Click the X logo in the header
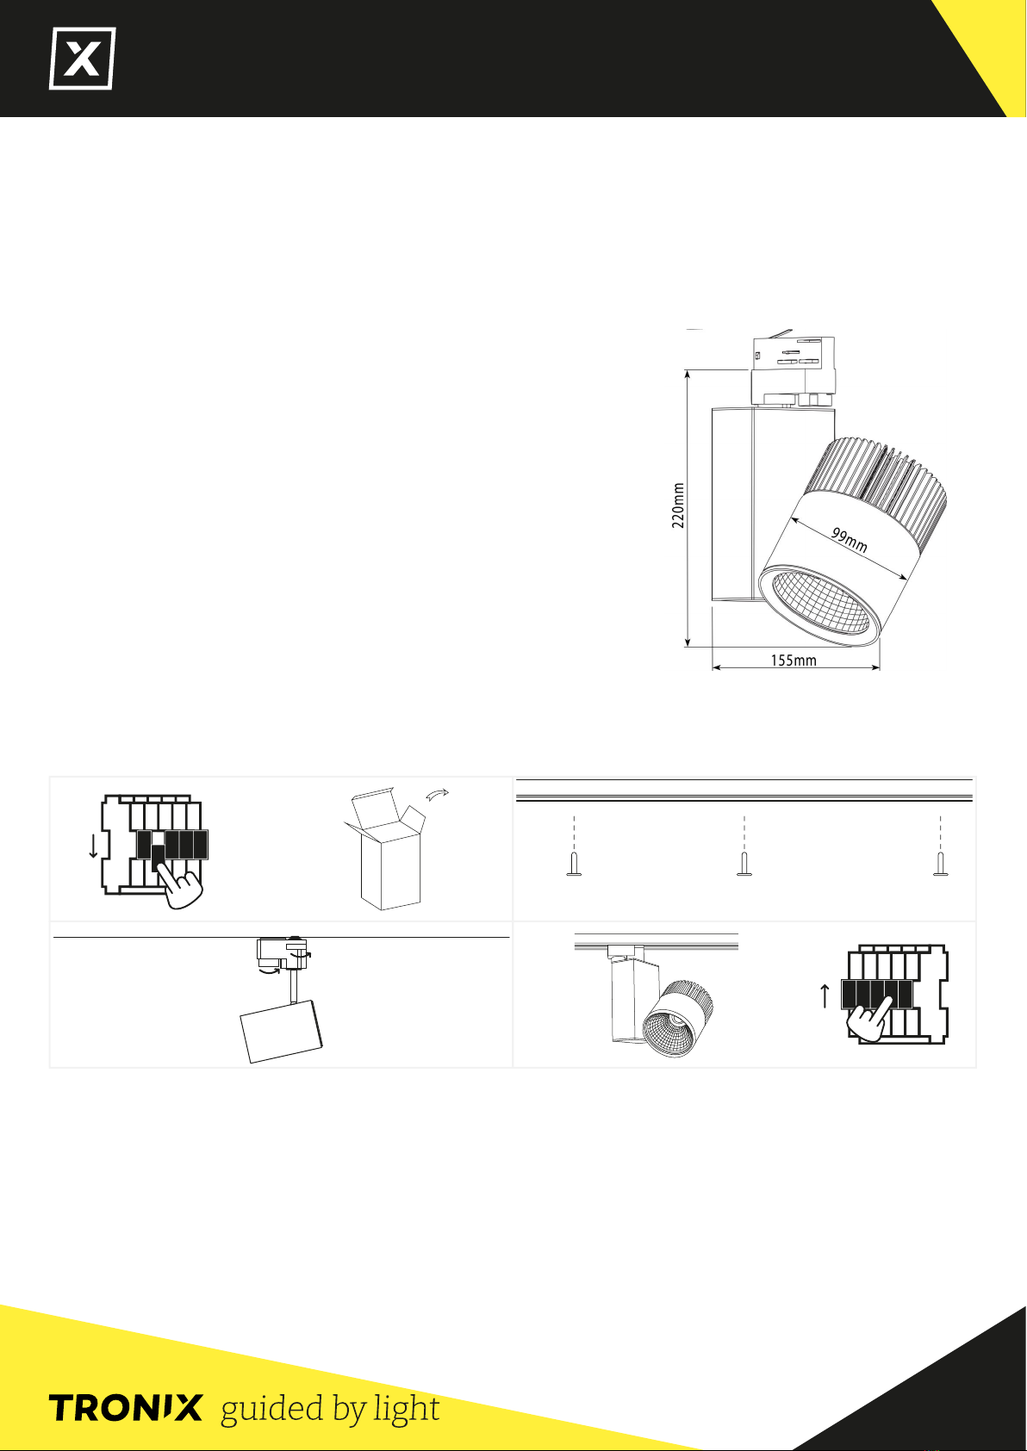point(83,59)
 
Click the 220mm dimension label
point(678,505)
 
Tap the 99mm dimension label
point(849,540)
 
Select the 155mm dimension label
point(794,660)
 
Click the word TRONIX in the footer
point(126,1408)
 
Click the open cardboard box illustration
point(385,849)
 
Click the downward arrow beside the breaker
point(93,846)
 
